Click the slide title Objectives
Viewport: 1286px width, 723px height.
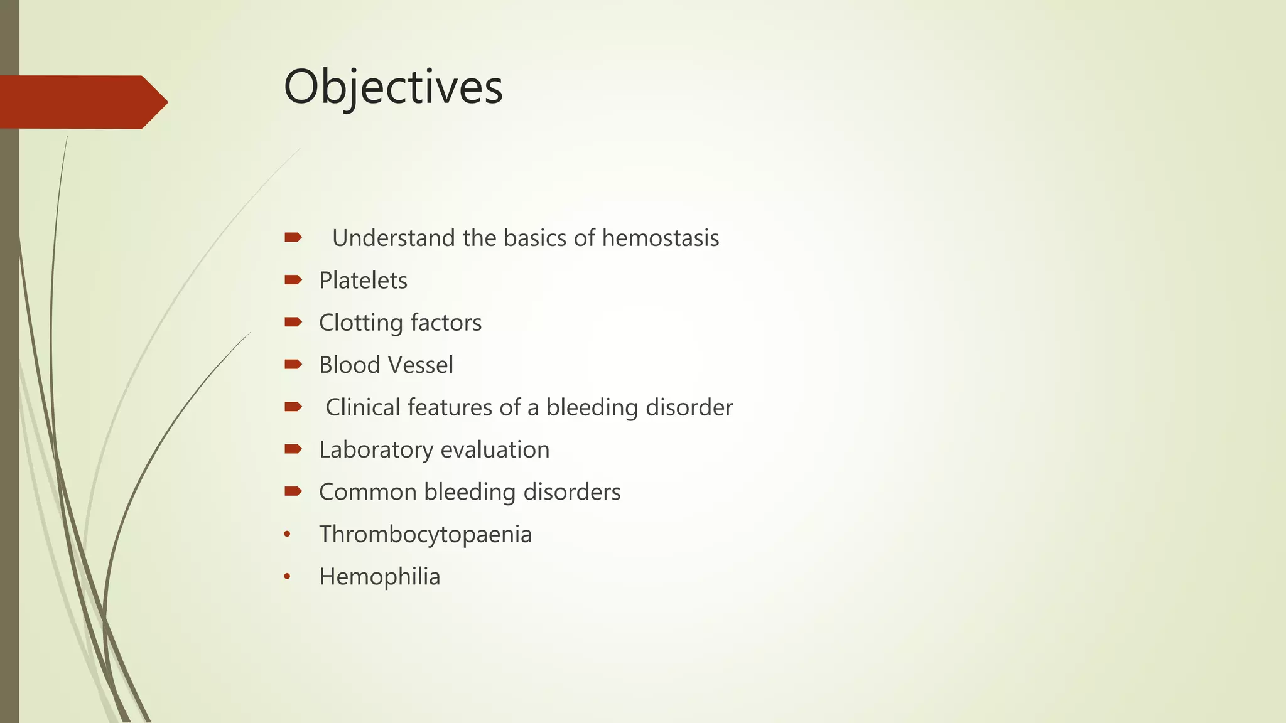tap(393, 87)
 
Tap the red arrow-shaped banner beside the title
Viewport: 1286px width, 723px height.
tap(82, 102)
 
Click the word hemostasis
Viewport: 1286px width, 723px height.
tap(660, 238)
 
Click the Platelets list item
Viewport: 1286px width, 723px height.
tap(363, 281)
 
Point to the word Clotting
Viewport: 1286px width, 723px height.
tap(360, 323)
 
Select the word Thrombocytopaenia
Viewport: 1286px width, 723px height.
tap(425, 535)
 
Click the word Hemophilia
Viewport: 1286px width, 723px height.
tap(379, 577)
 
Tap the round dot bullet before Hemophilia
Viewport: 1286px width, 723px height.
tap(287, 577)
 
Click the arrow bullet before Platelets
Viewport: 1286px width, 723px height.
tap(293, 280)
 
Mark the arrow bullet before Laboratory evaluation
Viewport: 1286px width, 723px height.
tap(293, 449)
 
